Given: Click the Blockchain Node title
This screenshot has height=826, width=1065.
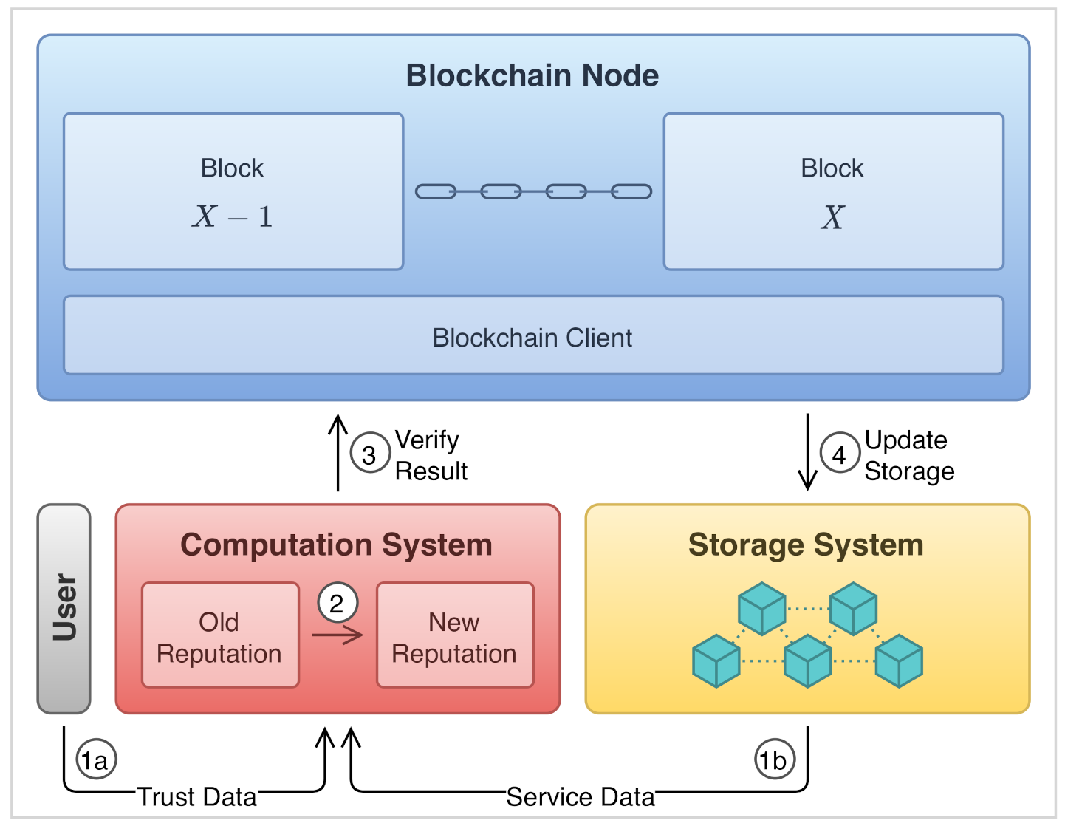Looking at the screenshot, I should click(x=532, y=75).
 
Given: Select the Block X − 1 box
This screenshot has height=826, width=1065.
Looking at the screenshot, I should click(x=233, y=191).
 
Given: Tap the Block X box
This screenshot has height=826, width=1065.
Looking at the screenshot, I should click(x=833, y=191).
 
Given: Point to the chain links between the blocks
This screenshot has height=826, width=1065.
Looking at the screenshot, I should click(x=533, y=192).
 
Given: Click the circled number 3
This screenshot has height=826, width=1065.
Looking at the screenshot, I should click(x=369, y=454).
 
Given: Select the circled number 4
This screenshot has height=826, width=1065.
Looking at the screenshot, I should click(x=839, y=454).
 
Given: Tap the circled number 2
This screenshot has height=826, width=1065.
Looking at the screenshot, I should click(x=338, y=604).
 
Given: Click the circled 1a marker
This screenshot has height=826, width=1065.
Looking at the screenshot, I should click(x=96, y=760).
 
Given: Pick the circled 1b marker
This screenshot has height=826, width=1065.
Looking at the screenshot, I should click(x=774, y=760).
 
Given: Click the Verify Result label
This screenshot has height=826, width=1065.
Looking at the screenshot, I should click(x=431, y=455).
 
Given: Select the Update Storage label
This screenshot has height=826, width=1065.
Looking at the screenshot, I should click(x=908, y=455).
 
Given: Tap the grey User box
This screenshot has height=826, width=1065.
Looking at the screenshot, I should click(x=64, y=608).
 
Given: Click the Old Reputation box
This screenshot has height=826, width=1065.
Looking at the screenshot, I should click(x=220, y=636).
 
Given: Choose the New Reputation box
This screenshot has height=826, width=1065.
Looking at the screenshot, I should click(x=454, y=636).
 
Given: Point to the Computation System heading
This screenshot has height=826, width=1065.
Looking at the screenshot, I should click(x=337, y=545).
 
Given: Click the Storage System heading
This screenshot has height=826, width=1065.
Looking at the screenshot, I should click(x=806, y=545).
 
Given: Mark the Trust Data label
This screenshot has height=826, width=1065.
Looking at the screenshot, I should click(x=197, y=796).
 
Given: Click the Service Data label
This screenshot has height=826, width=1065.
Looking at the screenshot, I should click(x=581, y=796).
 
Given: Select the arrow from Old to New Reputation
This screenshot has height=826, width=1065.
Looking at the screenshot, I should click(x=338, y=635).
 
